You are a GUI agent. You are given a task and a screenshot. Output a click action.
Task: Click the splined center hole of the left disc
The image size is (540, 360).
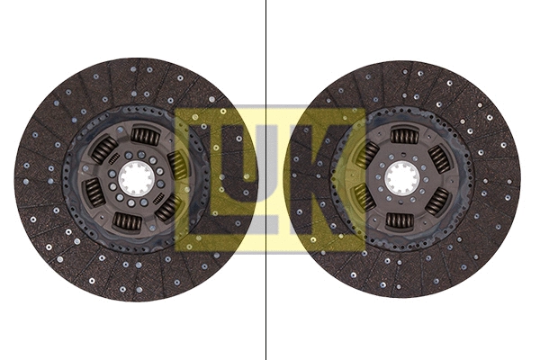click(x=135, y=177)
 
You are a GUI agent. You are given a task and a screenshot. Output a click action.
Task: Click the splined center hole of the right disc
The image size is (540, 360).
click(x=401, y=177)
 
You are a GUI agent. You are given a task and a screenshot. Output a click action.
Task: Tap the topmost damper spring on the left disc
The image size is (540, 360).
click(x=144, y=136)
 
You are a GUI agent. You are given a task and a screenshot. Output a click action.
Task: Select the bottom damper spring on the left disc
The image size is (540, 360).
click(x=127, y=220)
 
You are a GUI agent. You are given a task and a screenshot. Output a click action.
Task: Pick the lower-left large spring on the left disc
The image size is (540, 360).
click(x=94, y=192)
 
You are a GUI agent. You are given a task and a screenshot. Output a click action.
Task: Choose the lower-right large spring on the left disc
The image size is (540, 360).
click(x=168, y=207)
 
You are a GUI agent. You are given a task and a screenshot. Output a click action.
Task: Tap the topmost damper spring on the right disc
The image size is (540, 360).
click(x=405, y=136)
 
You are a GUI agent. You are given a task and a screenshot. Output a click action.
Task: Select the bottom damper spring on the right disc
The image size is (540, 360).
click(x=399, y=220)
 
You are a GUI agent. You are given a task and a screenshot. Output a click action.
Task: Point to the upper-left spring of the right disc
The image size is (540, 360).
click(x=367, y=154)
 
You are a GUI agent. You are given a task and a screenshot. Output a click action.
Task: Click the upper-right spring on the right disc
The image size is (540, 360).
click(x=440, y=159)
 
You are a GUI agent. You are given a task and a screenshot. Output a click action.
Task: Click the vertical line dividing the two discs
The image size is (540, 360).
click(x=266, y=54)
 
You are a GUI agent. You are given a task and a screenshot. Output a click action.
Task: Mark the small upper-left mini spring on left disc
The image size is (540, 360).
click(x=114, y=158)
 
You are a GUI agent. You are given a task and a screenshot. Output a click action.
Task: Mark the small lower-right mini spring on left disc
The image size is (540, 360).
click(x=157, y=197)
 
